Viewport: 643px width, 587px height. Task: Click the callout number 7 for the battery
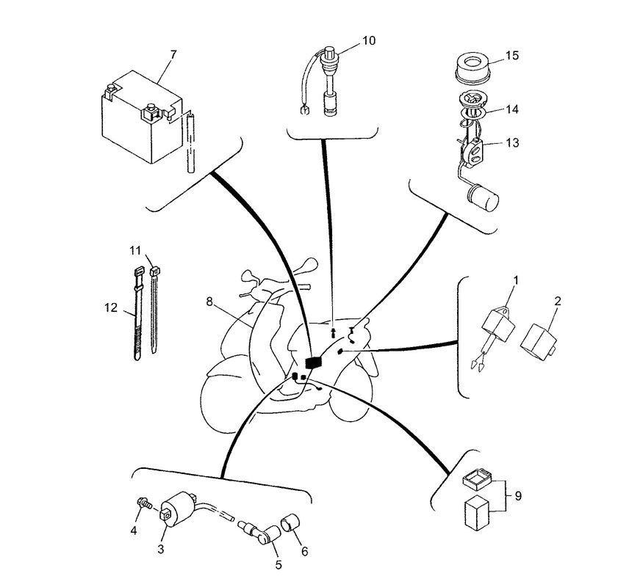[173, 54]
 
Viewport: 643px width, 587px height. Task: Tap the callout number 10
[368, 40]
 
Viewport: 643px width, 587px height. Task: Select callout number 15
[511, 56]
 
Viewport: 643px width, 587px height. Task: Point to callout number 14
[511, 109]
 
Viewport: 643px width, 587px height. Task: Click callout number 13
[511, 142]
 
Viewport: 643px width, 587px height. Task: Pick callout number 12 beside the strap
[111, 308]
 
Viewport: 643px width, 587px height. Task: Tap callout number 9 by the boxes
[517, 497]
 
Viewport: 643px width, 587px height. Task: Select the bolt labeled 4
[143, 504]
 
